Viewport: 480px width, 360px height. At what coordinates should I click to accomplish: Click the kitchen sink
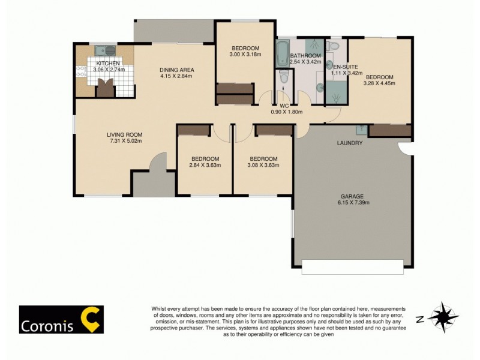click(103, 50)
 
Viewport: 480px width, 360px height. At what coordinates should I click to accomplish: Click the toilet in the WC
click(284, 77)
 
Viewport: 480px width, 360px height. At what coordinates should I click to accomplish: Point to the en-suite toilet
click(334, 47)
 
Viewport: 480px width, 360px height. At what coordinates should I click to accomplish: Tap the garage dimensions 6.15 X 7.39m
click(353, 203)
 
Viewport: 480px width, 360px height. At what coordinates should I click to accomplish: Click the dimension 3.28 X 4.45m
click(379, 84)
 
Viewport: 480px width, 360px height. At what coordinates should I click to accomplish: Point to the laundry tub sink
click(361, 130)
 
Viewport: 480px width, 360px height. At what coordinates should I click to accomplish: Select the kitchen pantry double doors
click(104, 88)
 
